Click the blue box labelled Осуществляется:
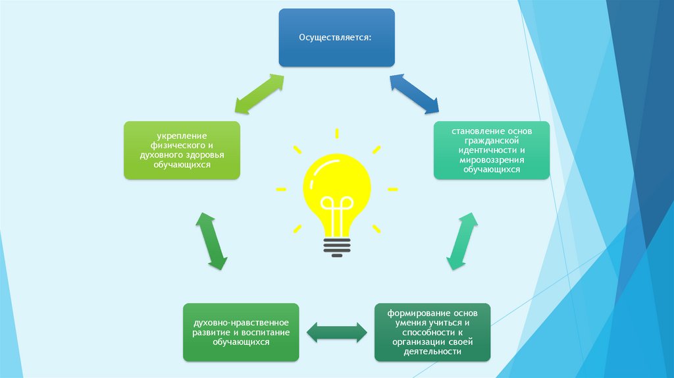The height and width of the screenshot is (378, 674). [x=336, y=38]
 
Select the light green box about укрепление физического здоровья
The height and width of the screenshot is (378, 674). [x=182, y=150]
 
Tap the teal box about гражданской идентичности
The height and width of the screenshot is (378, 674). [x=491, y=150]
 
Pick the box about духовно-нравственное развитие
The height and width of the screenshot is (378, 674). [x=240, y=332]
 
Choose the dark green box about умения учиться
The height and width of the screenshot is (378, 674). [x=432, y=332]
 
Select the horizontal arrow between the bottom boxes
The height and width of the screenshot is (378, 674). [x=336, y=332]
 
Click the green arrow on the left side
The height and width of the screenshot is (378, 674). [x=212, y=242]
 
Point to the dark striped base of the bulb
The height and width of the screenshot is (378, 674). [x=336, y=244]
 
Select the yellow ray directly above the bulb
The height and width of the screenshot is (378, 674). [x=336, y=134]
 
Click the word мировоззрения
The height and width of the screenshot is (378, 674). [x=491, y=160]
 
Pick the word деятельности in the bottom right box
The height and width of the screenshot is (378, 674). [x=432, y=352]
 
